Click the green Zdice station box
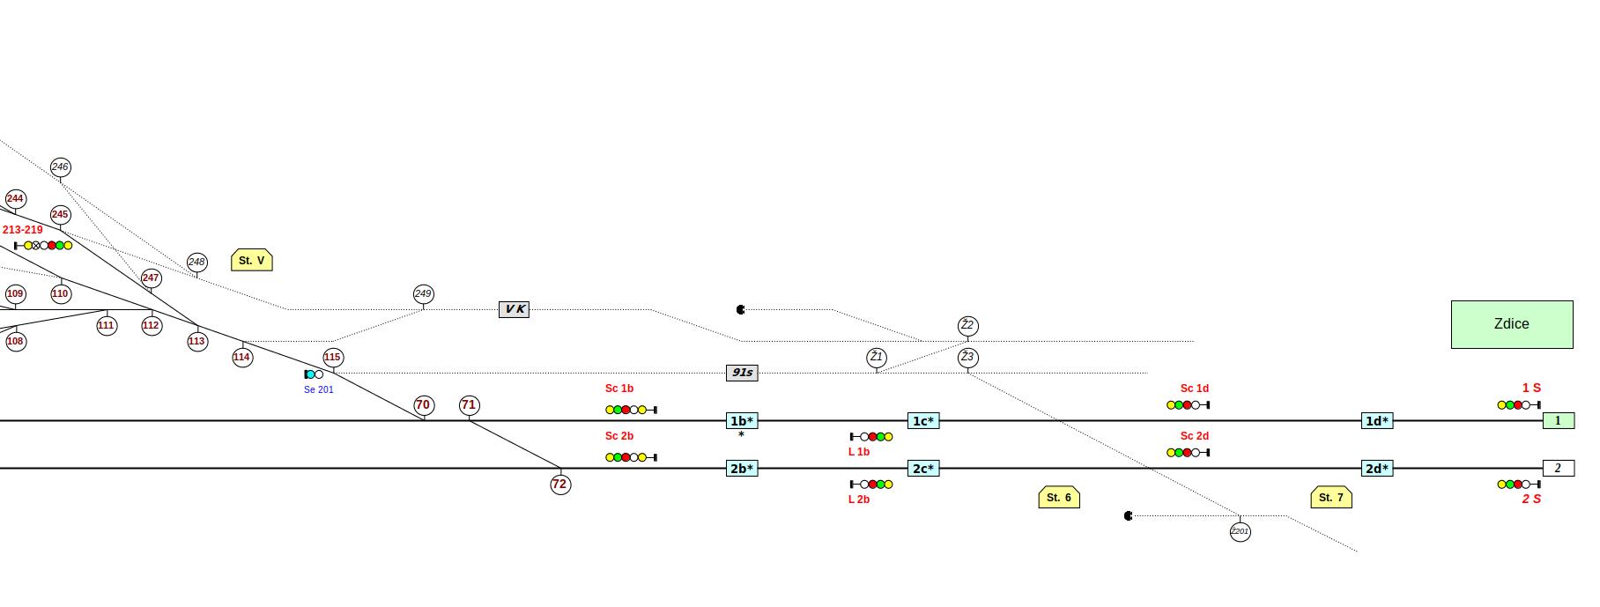[x=1512, y=324]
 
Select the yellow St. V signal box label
[x=252, y=260]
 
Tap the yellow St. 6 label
[x=1059, y=498]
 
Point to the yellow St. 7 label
[x=1331, y=498]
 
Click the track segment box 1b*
[x=742, y=421]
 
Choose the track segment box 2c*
[x=923, y=469]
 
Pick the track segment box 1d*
[x=1377, y=421]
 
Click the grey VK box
[x=515, y=309]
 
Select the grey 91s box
[x=742, y=373]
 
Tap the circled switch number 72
[x=560, y=485]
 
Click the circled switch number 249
[x=424, y=294]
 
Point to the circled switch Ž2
[x=968, y=326]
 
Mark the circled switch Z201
[x=1241, y=532]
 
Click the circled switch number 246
[x=61, y=167]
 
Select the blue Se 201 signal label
[x=319, y=389]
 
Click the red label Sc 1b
[x=619, y=389]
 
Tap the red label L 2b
[x=859, y=500]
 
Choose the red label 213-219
[x=23, y=230]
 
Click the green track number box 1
[x=1559, y=421]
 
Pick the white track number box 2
[x=1559, y=469]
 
